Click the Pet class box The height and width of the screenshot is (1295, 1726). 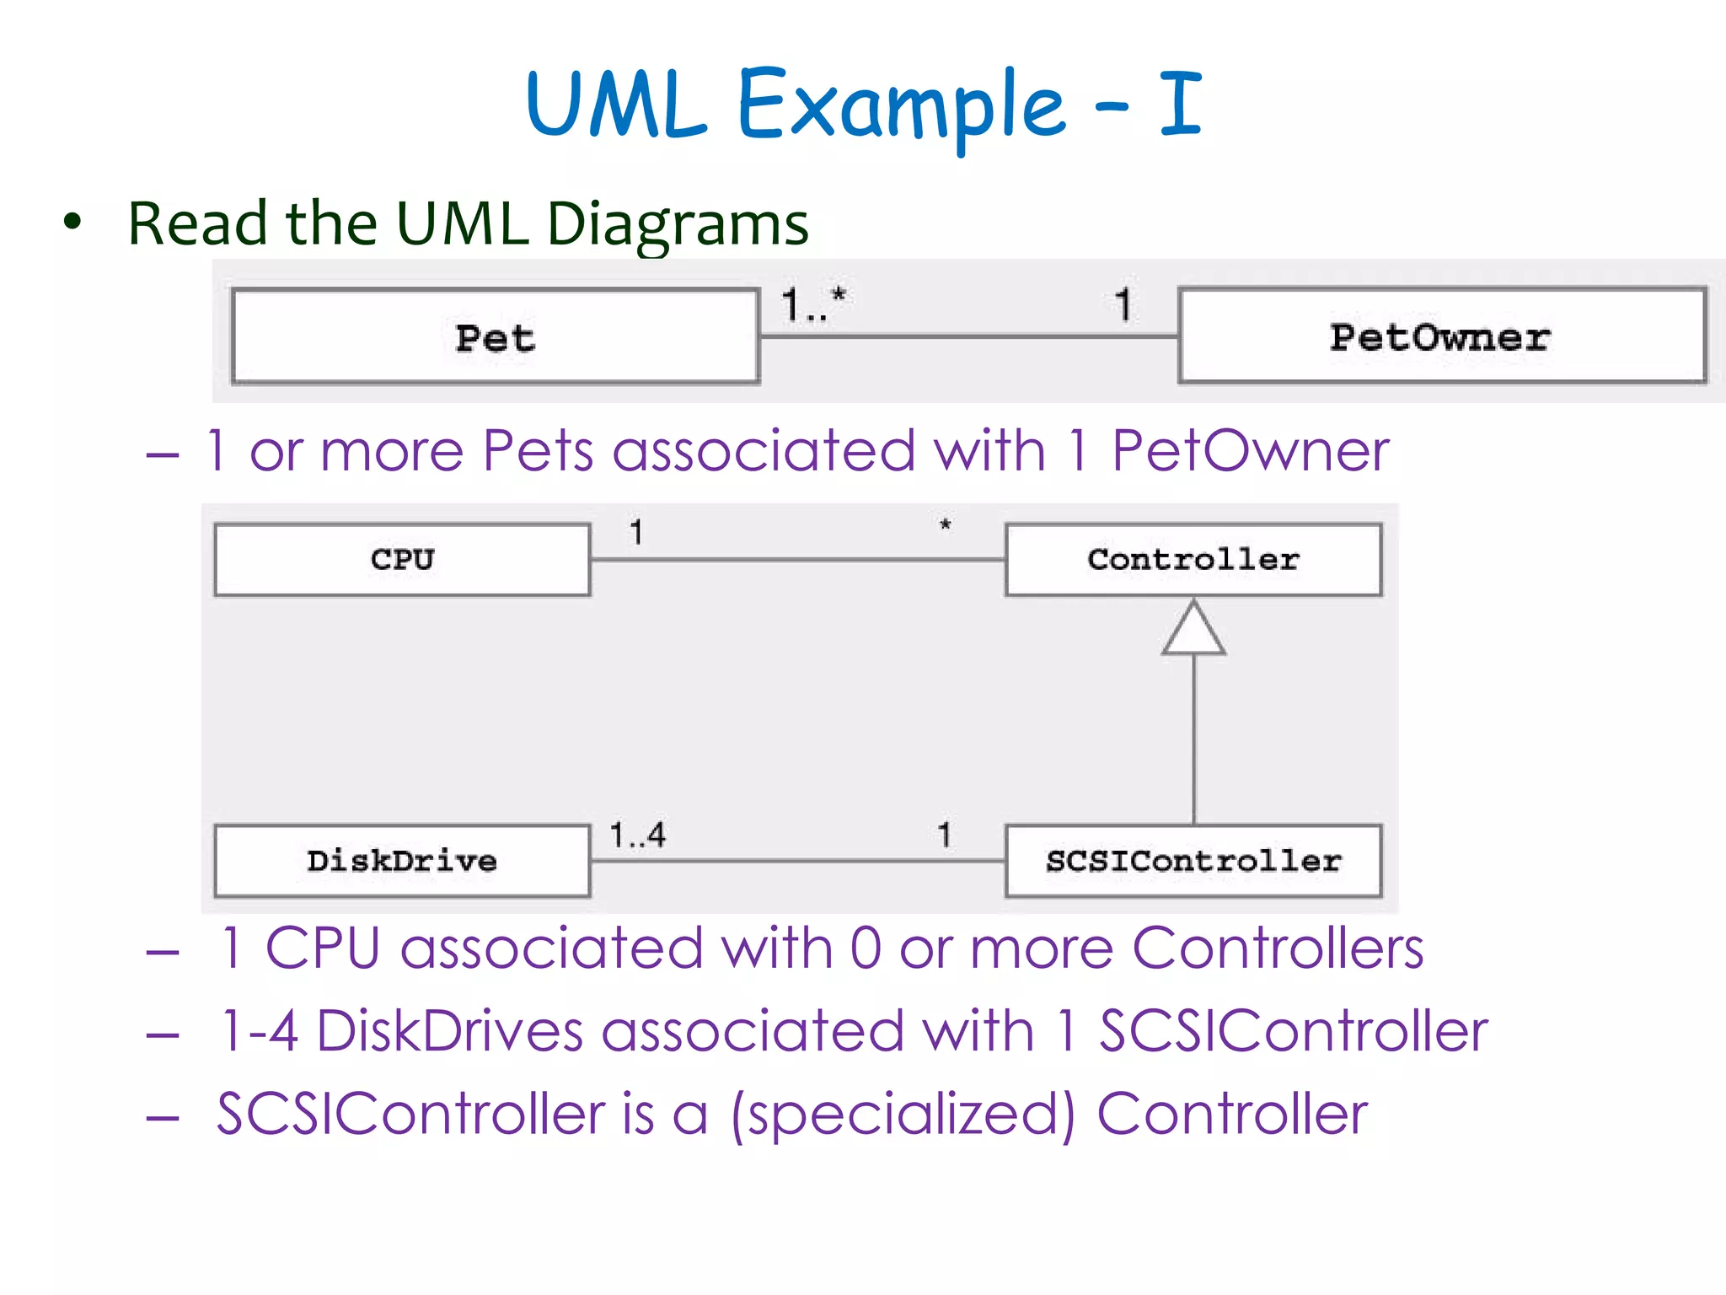tap(496, 337)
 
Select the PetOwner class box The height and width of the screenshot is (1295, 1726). tap(1441, 336)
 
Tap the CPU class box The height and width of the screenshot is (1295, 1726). tap(402, 560)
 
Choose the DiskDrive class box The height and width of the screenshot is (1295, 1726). tap(402, 861)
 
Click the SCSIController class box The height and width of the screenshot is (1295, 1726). tap(1193, 861)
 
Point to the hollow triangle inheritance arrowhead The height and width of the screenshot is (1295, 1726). tap(1193, 630)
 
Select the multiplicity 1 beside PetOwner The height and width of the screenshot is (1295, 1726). tap(1123, 304)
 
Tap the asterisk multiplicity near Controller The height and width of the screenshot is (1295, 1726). tap(946, 525)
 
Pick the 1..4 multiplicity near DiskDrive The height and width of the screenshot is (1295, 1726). tap(638, 836)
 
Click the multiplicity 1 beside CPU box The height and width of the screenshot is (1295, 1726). tap(636, 532)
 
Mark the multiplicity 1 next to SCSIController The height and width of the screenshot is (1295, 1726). tap(945, 835)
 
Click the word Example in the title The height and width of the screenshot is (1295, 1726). tap(901, 105)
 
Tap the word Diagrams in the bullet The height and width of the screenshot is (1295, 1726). tap(678, 224)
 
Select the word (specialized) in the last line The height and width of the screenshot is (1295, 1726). tap(903, 1115)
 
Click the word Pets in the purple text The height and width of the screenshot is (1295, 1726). tap(539, 450)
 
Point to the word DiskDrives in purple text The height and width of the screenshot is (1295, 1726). tap(450, 1031)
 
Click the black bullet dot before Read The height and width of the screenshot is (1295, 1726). tap(73, 222)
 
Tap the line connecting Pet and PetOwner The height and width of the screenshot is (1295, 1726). tap(969, 336)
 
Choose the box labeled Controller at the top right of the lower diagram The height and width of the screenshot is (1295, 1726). tap(1193, 560)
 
